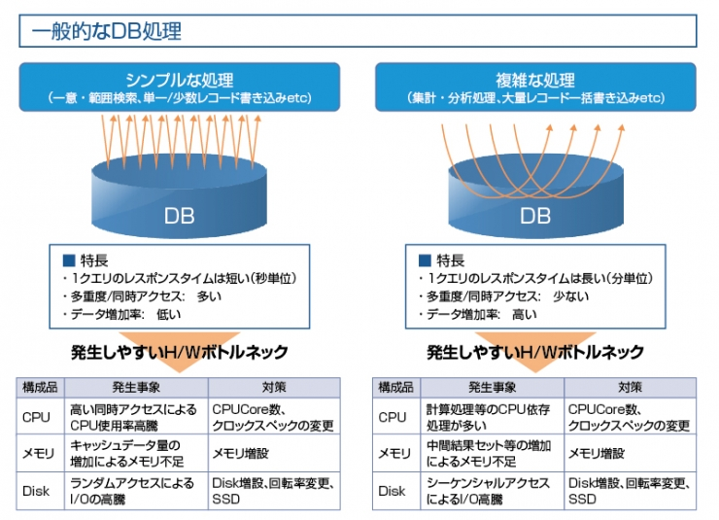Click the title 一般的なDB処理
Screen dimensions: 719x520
tap(106, 31)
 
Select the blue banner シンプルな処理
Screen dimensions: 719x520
tap(180, 87)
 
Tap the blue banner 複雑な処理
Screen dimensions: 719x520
tap(535, 87)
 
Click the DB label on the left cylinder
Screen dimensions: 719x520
tap(180, 216)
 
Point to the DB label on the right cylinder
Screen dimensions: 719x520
tap(535, 216)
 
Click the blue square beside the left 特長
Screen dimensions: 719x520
tap(69, 260)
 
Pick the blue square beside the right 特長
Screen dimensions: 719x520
tap(425, 260)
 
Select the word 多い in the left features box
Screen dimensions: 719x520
tap(209, 296)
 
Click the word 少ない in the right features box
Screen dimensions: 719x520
tap(571, 296)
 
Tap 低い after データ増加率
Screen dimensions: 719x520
tap(169, 315)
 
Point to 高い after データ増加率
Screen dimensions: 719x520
tap(525, 315)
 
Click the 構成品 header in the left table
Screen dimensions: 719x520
tap(41, 388)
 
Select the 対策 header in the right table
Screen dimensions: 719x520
tap(630, 388)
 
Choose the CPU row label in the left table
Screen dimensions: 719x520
tap(36, 417)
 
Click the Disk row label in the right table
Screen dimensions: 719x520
tap(392, 491)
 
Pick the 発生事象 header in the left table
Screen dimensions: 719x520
tap(136, 388)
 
